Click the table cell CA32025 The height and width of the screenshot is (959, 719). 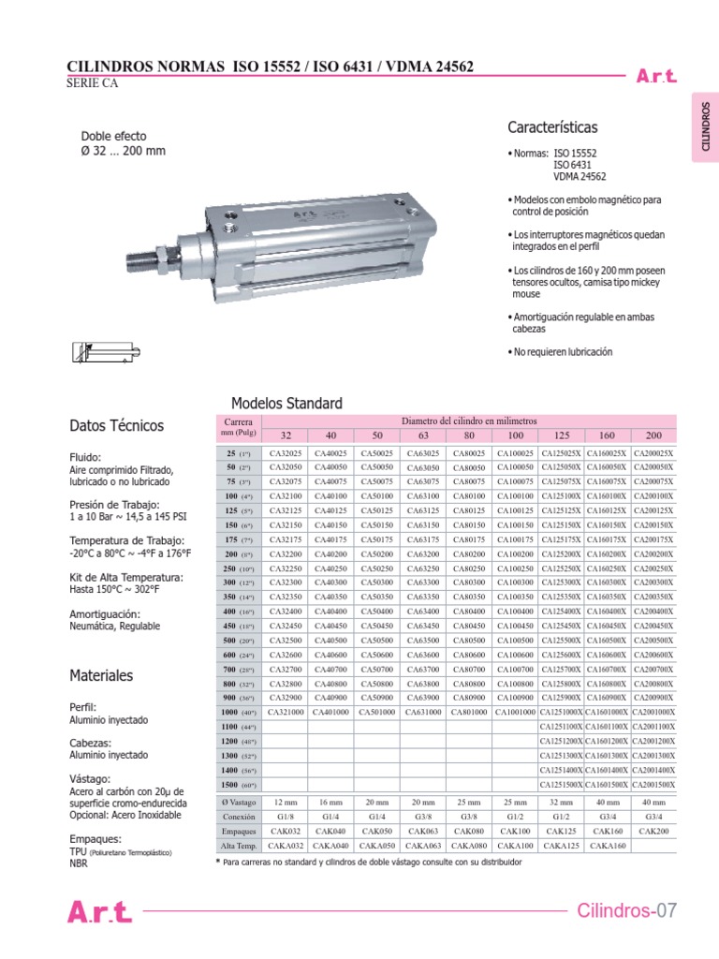tap(286, 453)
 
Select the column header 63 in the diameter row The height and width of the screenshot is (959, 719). tap(423, 435)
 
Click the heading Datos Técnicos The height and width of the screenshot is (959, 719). tap(117, 425)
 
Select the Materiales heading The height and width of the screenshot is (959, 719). tap(101, 675)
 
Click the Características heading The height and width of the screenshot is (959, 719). tap(552, 127)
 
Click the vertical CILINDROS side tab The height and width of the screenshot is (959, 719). tap(704, 127)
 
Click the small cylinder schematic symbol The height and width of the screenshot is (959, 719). tap(100, 353)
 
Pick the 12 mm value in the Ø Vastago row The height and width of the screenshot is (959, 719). tap(286, 802)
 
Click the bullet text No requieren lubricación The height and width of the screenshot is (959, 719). tap(562, 352)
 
